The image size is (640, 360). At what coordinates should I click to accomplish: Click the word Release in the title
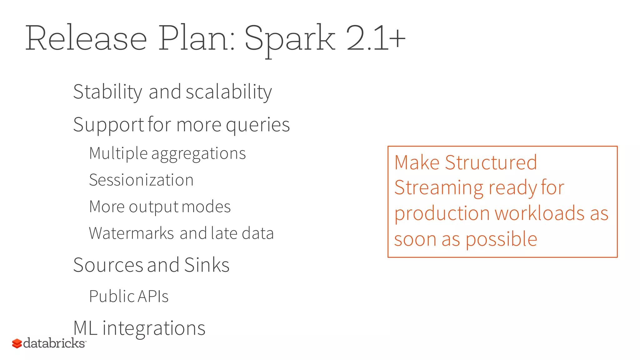coord(86,38)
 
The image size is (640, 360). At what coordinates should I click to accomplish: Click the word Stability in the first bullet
coord(107,92)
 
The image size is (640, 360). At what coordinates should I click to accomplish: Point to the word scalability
coord(229,92)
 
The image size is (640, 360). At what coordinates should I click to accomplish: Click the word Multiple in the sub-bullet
coord(118,153)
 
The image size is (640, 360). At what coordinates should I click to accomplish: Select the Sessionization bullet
coord(141,180)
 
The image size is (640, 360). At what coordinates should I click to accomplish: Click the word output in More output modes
coord(154,207)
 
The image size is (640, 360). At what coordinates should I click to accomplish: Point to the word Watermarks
coord(131,233)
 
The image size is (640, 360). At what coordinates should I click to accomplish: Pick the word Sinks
coord(207,265)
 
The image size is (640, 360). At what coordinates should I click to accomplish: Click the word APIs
coord(153,296)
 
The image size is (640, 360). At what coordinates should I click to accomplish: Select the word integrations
coord(154,328)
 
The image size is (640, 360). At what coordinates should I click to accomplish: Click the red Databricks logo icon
coord(17,343)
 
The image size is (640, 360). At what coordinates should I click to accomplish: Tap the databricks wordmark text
coord(54,343)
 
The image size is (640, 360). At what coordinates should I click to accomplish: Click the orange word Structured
coord(491,162)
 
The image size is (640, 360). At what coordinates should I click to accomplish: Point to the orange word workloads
coord(540,213)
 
